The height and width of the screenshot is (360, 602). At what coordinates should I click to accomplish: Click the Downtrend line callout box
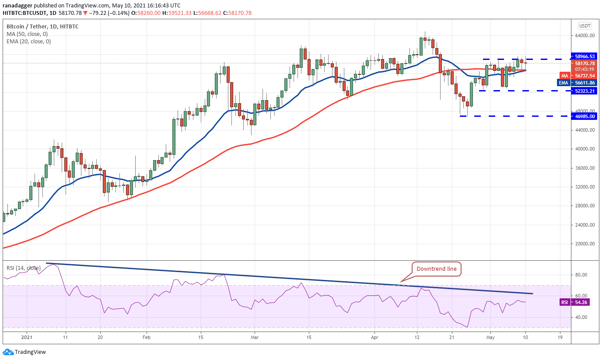pyautogui.click(x=436, y=269)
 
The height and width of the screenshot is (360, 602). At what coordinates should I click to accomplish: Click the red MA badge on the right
pyautogui.click(x=565, y=76)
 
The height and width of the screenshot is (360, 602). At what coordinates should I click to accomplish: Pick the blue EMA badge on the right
pyautogui.click(x=564, y=83)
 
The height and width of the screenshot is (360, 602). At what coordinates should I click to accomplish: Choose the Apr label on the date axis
pyautogui.click(x=374, y=338)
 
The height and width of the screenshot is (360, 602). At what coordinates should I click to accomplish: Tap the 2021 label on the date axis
pyautogui.click(x=27, y=338)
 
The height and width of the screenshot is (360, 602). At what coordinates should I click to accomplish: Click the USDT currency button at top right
pyautogui.click(x=584, y=25)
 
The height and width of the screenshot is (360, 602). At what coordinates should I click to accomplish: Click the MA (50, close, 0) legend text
pyautogui.click(x=27, y=34)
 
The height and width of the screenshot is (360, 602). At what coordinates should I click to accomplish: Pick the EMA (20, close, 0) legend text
pyautogui.click(x=28, y=42)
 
